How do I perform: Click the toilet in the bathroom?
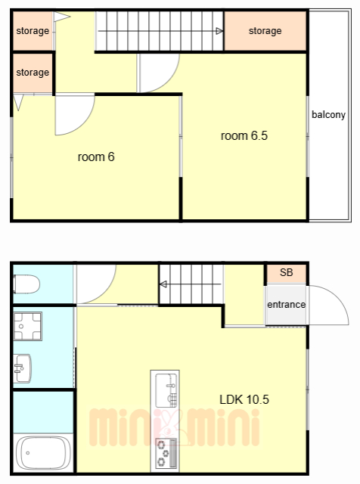26,284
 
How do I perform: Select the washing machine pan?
27,326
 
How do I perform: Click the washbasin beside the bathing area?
22,368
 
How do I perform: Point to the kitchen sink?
166,390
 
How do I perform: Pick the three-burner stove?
166,453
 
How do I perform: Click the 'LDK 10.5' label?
244,399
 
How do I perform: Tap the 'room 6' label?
96,157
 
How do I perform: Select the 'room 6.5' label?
244,135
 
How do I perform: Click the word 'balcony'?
328,114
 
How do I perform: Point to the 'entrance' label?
286,305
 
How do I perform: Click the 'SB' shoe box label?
286,272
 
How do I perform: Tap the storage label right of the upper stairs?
265,31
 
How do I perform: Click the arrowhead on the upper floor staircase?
219,31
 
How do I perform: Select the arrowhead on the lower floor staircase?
163,284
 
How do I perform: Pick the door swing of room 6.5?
169,81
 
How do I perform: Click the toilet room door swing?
106,293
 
